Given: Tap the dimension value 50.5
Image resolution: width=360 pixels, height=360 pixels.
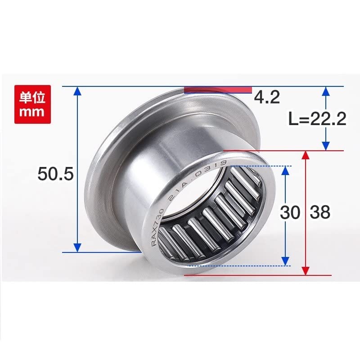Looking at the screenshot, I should click(x=55, y=174).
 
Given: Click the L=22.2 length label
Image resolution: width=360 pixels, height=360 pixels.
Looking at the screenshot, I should click(x=316, y=119).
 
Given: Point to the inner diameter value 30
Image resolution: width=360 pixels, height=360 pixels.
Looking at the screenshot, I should click(x=289, y=212).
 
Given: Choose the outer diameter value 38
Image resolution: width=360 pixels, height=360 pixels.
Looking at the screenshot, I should click(x=320, y=212).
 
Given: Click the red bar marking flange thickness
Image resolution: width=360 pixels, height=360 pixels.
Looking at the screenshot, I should click(x=217, y=89).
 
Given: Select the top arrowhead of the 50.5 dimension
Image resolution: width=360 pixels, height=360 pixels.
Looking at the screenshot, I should click(x=77, y=91).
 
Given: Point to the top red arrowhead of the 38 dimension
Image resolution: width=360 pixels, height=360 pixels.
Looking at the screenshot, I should click(x=306, y=156).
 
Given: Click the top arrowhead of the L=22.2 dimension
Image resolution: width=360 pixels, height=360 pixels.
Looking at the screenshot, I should click(x=326, y=91).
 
